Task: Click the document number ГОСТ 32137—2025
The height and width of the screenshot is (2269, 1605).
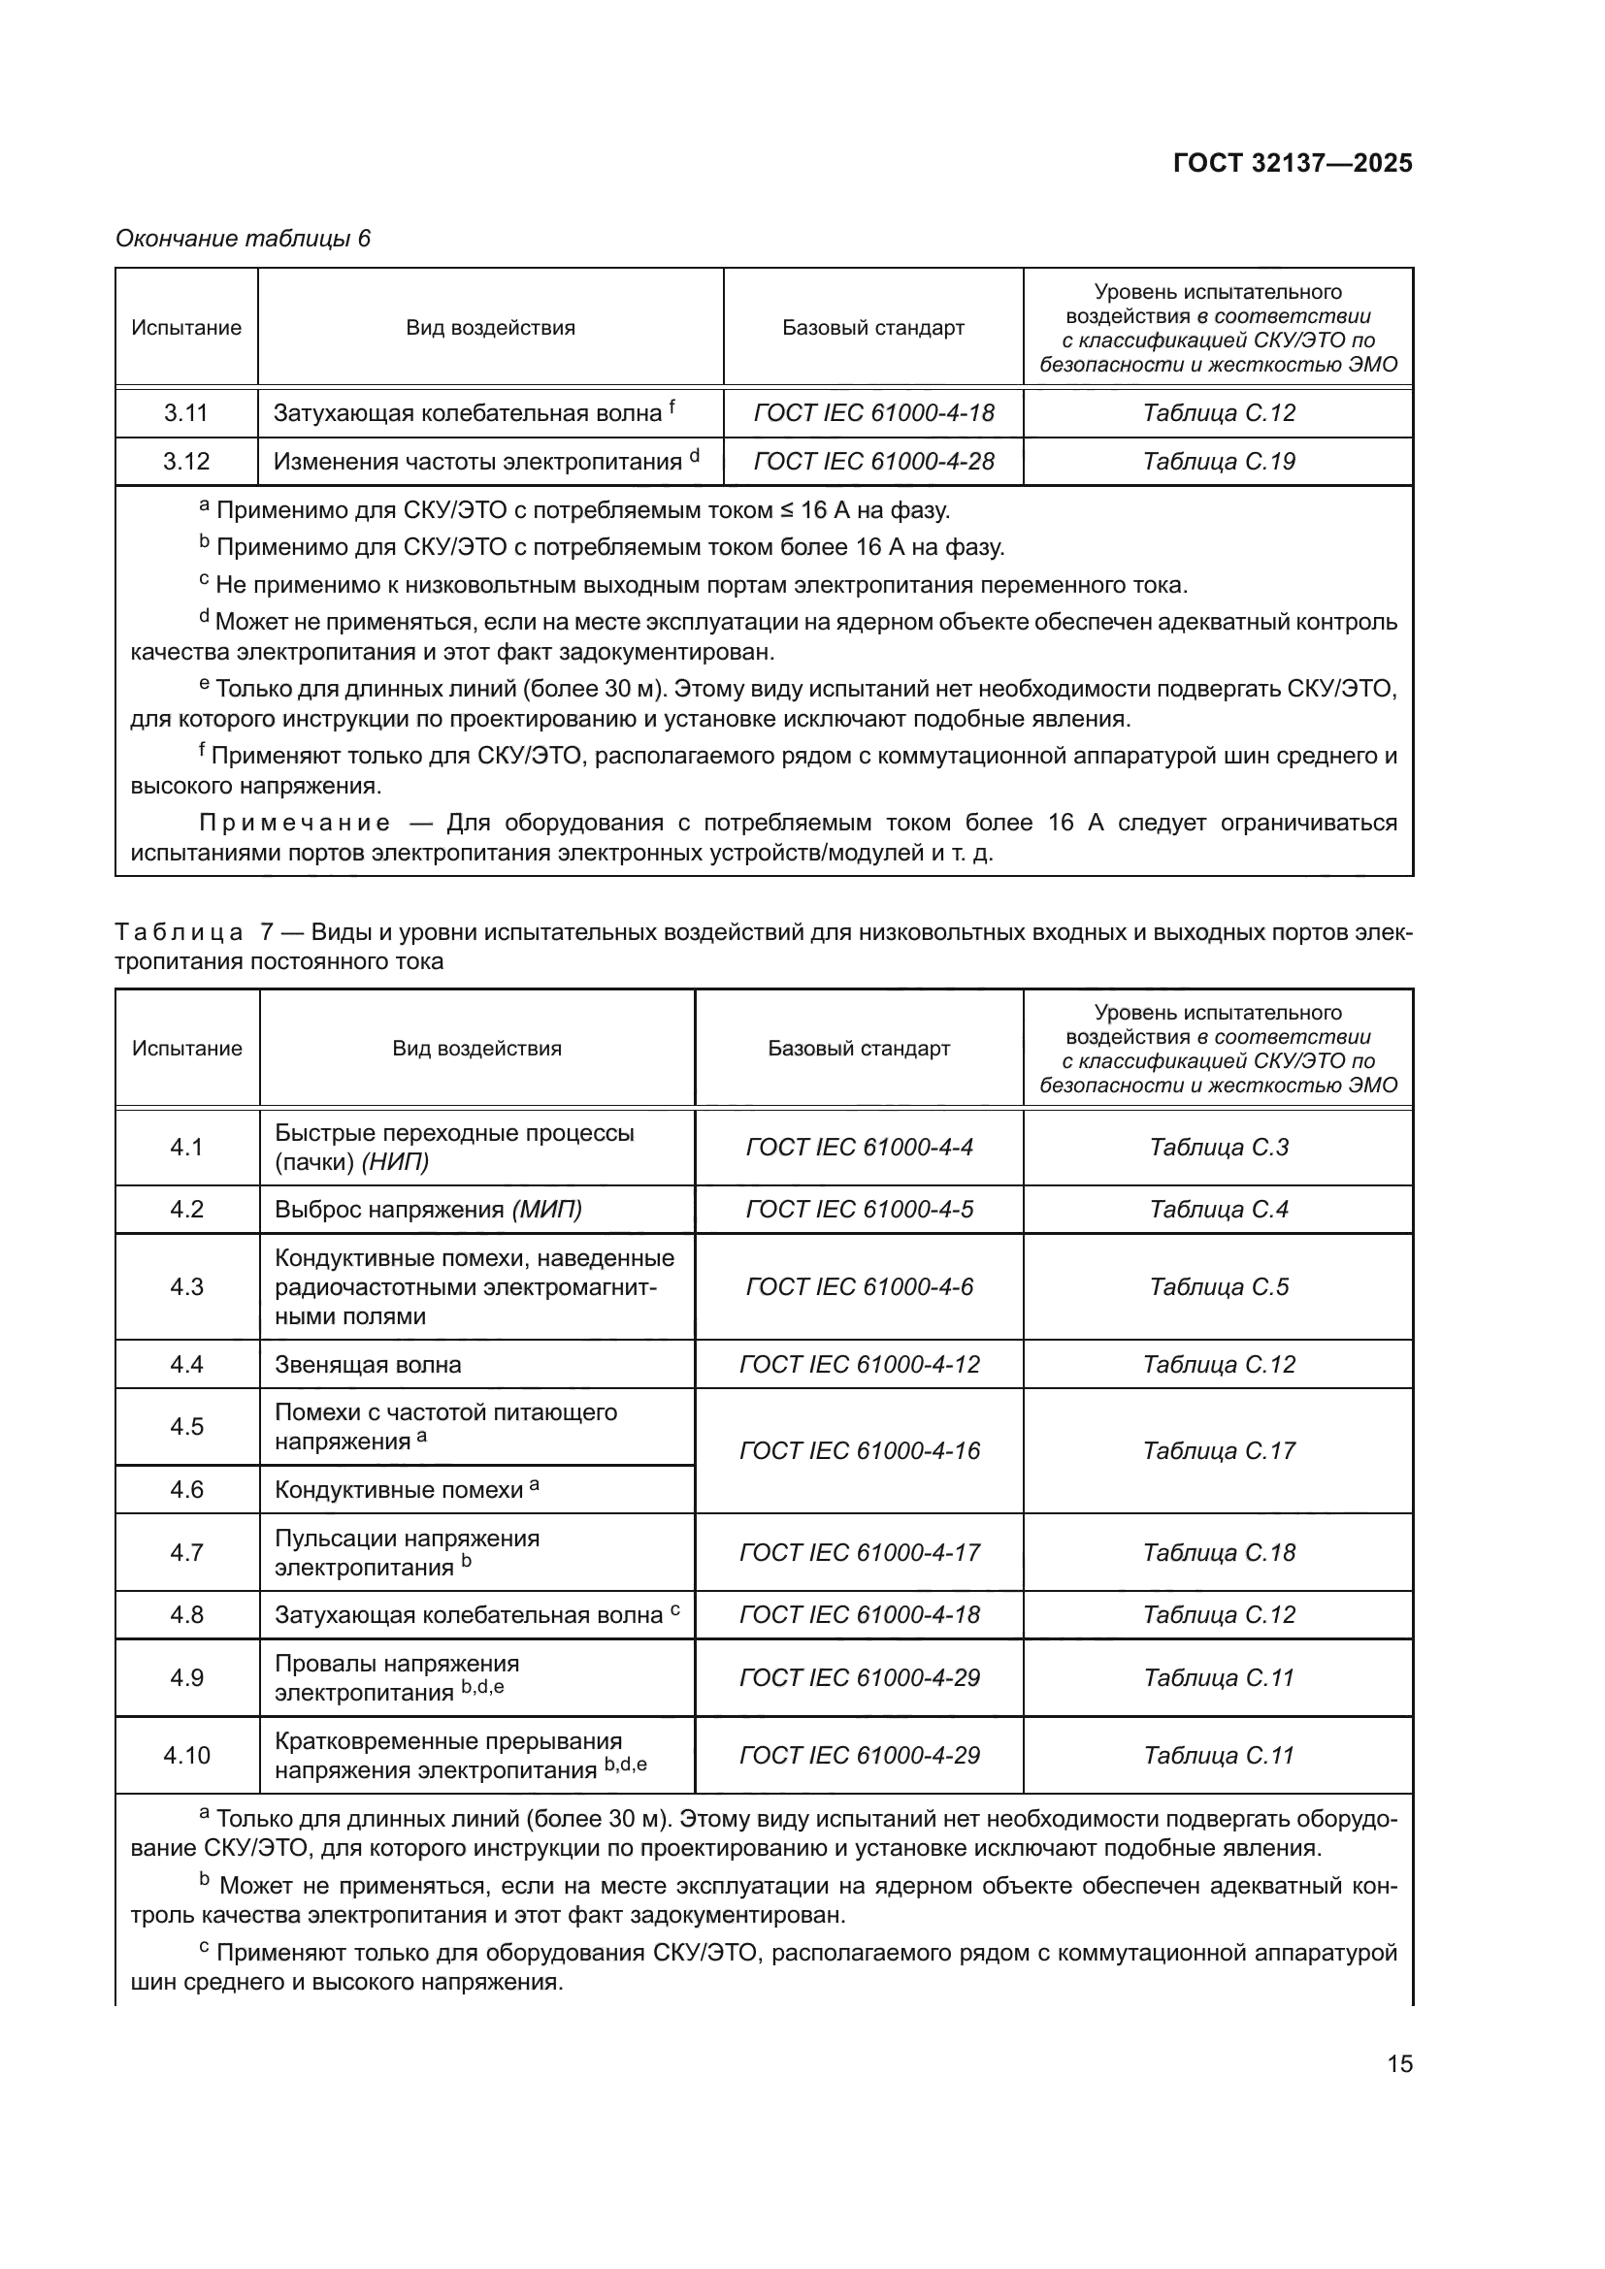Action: click(1292, 163)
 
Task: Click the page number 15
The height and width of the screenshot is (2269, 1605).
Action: click(1399, 2064)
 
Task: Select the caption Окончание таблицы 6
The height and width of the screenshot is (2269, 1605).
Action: click(244, 239)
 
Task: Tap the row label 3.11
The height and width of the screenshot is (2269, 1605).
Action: click(185, 413)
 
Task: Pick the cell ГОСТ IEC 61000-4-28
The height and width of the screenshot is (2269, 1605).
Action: click(873, 462)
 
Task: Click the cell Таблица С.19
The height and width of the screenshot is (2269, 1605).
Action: click(1218, 462)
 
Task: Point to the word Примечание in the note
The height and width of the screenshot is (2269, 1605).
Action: click(295, 824)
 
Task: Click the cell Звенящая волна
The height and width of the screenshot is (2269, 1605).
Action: click(368, 1365)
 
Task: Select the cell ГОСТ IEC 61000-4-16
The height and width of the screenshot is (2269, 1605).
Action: click(859, 1450)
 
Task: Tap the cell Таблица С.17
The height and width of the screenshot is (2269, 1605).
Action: click(1218, 1450)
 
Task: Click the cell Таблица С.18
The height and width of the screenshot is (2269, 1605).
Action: click(1218, 1552)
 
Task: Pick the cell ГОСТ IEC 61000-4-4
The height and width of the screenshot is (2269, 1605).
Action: click(859, 1148)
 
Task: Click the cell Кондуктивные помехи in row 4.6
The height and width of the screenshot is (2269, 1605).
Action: click(406, 1489)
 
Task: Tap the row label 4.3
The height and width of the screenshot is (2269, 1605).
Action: click(185, 1286)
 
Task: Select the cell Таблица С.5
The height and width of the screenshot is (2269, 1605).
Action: click(1218, 1286)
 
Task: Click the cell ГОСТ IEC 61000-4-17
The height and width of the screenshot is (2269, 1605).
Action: click(859, 1552)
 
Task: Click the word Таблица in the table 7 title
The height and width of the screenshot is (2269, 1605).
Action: click(179, 932)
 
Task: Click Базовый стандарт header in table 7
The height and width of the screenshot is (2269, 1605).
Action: click(859, 1049)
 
